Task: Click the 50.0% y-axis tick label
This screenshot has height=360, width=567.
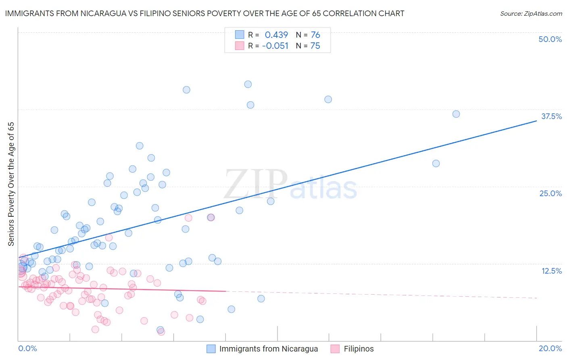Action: [x=550, y=39]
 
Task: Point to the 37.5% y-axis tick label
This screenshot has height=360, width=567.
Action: [x=551, y=116]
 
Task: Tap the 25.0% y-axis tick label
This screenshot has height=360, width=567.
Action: [x=550, y=193]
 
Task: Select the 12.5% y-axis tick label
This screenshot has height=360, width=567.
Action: [x=551, y=271]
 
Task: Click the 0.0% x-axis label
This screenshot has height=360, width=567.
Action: [x=27, y=348]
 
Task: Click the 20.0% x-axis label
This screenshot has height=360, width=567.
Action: [x=550, y=348]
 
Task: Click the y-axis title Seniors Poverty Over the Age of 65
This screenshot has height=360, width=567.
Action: [x=11, y=184]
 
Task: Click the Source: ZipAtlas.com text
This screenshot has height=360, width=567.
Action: [x=531, y=13]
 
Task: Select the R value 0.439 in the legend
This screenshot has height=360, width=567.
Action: [x=276, y=35]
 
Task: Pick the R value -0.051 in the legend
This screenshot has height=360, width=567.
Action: [x=275, y=46]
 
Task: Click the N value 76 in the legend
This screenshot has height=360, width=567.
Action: [x=315, y=35]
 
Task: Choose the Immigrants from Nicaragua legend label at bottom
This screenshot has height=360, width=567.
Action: [x=268, y=349]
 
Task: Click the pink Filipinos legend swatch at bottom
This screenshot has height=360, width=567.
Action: [x=335, y=349]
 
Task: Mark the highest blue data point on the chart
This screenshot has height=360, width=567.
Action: [x=248, y=84]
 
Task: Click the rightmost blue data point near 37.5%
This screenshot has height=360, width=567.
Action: [x=456, y=114]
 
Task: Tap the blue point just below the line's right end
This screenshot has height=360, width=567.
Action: [x=436, y=163]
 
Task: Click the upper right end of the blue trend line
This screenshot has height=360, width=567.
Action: [x=536, y=120]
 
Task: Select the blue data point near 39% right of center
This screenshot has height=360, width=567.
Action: [x=328, y=99]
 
